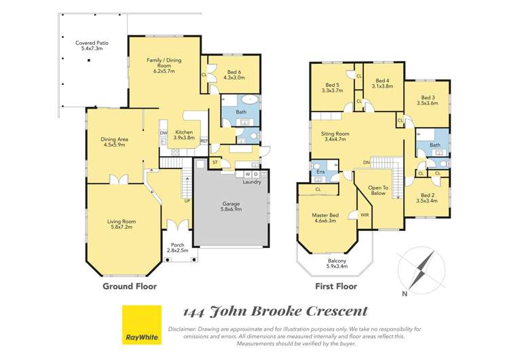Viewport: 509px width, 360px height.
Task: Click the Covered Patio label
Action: click(x=92, y=46)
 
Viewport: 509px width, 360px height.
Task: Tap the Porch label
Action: click(x=177, y=248)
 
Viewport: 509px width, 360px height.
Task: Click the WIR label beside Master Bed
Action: click(x=364, y=215)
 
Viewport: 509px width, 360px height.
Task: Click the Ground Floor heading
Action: click(x=130, y=286)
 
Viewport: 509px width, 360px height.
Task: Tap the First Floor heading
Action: click(x=336, y=286)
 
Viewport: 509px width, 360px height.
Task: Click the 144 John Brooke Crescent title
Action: click(x=276, y=312)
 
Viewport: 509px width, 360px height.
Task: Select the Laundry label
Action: click(x=252, y=182)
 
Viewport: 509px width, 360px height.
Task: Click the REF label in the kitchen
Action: click(x=203, y=141)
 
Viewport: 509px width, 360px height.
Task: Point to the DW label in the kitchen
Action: click(x=164, y=133)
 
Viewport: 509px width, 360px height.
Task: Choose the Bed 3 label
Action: click(x=428, y=101)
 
